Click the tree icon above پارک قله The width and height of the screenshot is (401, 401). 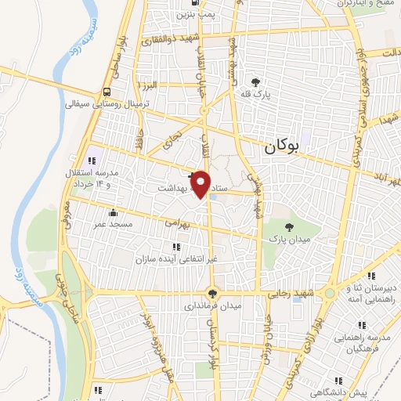(x=255, y=81)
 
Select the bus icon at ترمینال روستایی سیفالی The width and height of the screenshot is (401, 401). (x=106, y=90)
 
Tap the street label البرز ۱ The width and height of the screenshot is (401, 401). (x=146, y=85)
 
